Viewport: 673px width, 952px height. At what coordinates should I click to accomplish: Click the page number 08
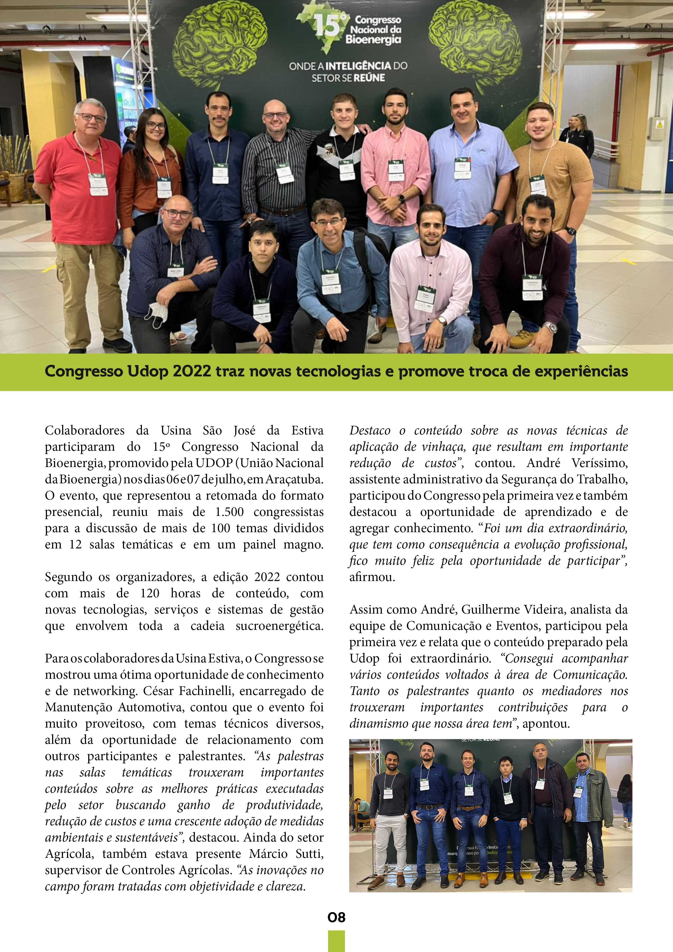pyautogui.click(x=336, y=917)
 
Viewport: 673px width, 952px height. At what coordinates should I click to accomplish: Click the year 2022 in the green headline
pyautogui.click(x=192, y=372)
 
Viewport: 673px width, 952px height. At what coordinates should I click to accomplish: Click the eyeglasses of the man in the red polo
pyautogui.click(x=91, y=118)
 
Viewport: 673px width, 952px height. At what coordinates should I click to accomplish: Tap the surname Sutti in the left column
pyautogui.click(x=308, y=854)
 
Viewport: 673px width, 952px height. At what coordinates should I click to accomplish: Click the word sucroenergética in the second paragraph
pyautogui.click(x=280, y=626)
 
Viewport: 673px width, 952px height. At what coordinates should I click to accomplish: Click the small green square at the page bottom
pyautogui.click(x=336, y=940)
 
